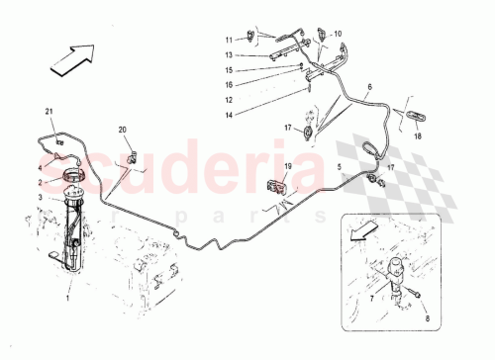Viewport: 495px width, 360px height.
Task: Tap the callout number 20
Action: (123, 131)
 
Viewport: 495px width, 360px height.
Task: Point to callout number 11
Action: (227, 39)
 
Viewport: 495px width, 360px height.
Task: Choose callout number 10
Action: (337, 34)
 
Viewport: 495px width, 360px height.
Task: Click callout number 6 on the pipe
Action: (369, 88)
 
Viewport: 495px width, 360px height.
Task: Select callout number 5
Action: (340, 167)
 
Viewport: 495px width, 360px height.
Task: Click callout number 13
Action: (227, 55)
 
